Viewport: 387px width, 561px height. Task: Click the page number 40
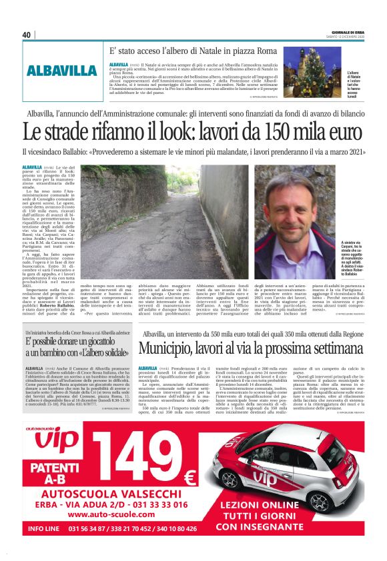[x=27, y=35]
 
